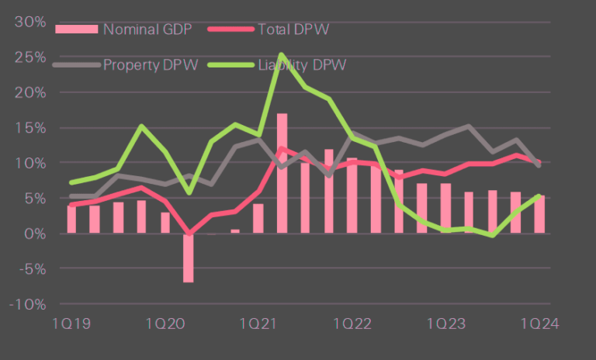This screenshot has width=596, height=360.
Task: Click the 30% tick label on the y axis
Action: click(x=29, y=21)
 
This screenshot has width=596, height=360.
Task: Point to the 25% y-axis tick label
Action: click(x=29, y=57)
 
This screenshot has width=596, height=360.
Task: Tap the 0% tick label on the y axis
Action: click(x=33, y=233)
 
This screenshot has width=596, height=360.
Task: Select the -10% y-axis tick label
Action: click(x=27, y=303)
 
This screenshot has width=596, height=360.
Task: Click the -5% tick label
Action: click(x=30, y=268)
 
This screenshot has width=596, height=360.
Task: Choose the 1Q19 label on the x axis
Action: click(x=71, y=322)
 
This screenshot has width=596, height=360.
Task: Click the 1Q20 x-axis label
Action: click(x=165, y=322)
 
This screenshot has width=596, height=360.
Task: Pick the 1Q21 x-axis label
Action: click(x=258, y=322)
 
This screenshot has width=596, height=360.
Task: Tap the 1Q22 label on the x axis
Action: click(x=352, y=322)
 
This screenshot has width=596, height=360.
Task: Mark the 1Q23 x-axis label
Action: click(x=446, y=322)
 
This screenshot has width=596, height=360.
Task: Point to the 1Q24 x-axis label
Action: click(x=540, y=322)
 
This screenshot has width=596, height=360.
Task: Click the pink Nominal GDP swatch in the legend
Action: click(x=77, y=29)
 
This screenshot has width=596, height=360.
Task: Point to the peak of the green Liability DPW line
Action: click(x=281, y=55)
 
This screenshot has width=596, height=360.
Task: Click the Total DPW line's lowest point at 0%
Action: click(x=189, y=233)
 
